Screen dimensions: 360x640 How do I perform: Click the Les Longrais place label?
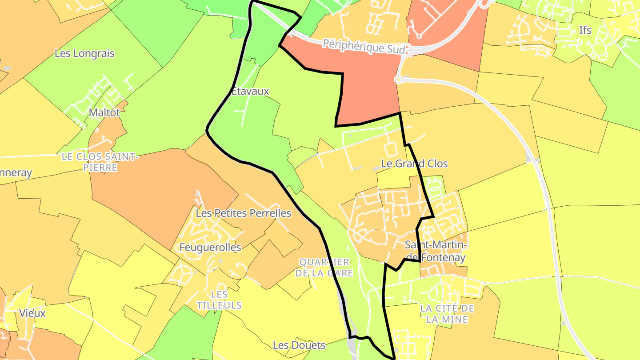(x=84, y=54)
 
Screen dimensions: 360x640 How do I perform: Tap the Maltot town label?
(x=104, y=112)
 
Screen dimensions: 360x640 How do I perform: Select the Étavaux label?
(x=251, y=92)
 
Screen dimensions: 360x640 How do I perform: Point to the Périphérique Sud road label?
(x=364, y=46)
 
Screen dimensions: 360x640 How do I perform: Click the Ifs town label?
(x=585, y=30)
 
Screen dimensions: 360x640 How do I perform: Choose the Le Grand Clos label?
(x=415, y=164)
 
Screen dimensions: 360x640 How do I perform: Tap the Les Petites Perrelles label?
(x=244, y=213)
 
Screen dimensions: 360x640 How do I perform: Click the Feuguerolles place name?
(x=210, y=247)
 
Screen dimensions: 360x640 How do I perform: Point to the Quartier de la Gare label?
(x=324, y=268)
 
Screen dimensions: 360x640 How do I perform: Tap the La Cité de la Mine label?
(x=447, y=314)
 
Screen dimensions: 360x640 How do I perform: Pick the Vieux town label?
(x=32, y=313)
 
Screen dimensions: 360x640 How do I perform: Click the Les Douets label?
(x=299, y=345)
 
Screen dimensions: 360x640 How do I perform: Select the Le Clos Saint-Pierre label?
(x=100, y=162)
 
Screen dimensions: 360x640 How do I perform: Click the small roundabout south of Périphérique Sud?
(x=398, y=80)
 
